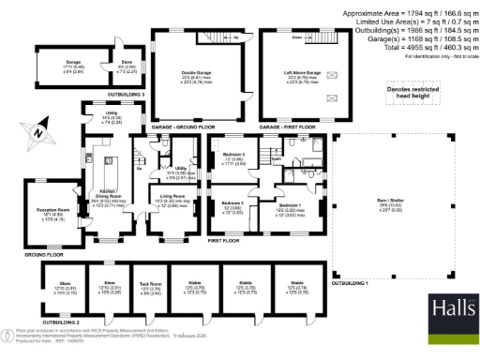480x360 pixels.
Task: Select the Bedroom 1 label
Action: coord(289,207)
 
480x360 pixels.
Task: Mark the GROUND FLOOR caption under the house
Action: coord(45,254)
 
